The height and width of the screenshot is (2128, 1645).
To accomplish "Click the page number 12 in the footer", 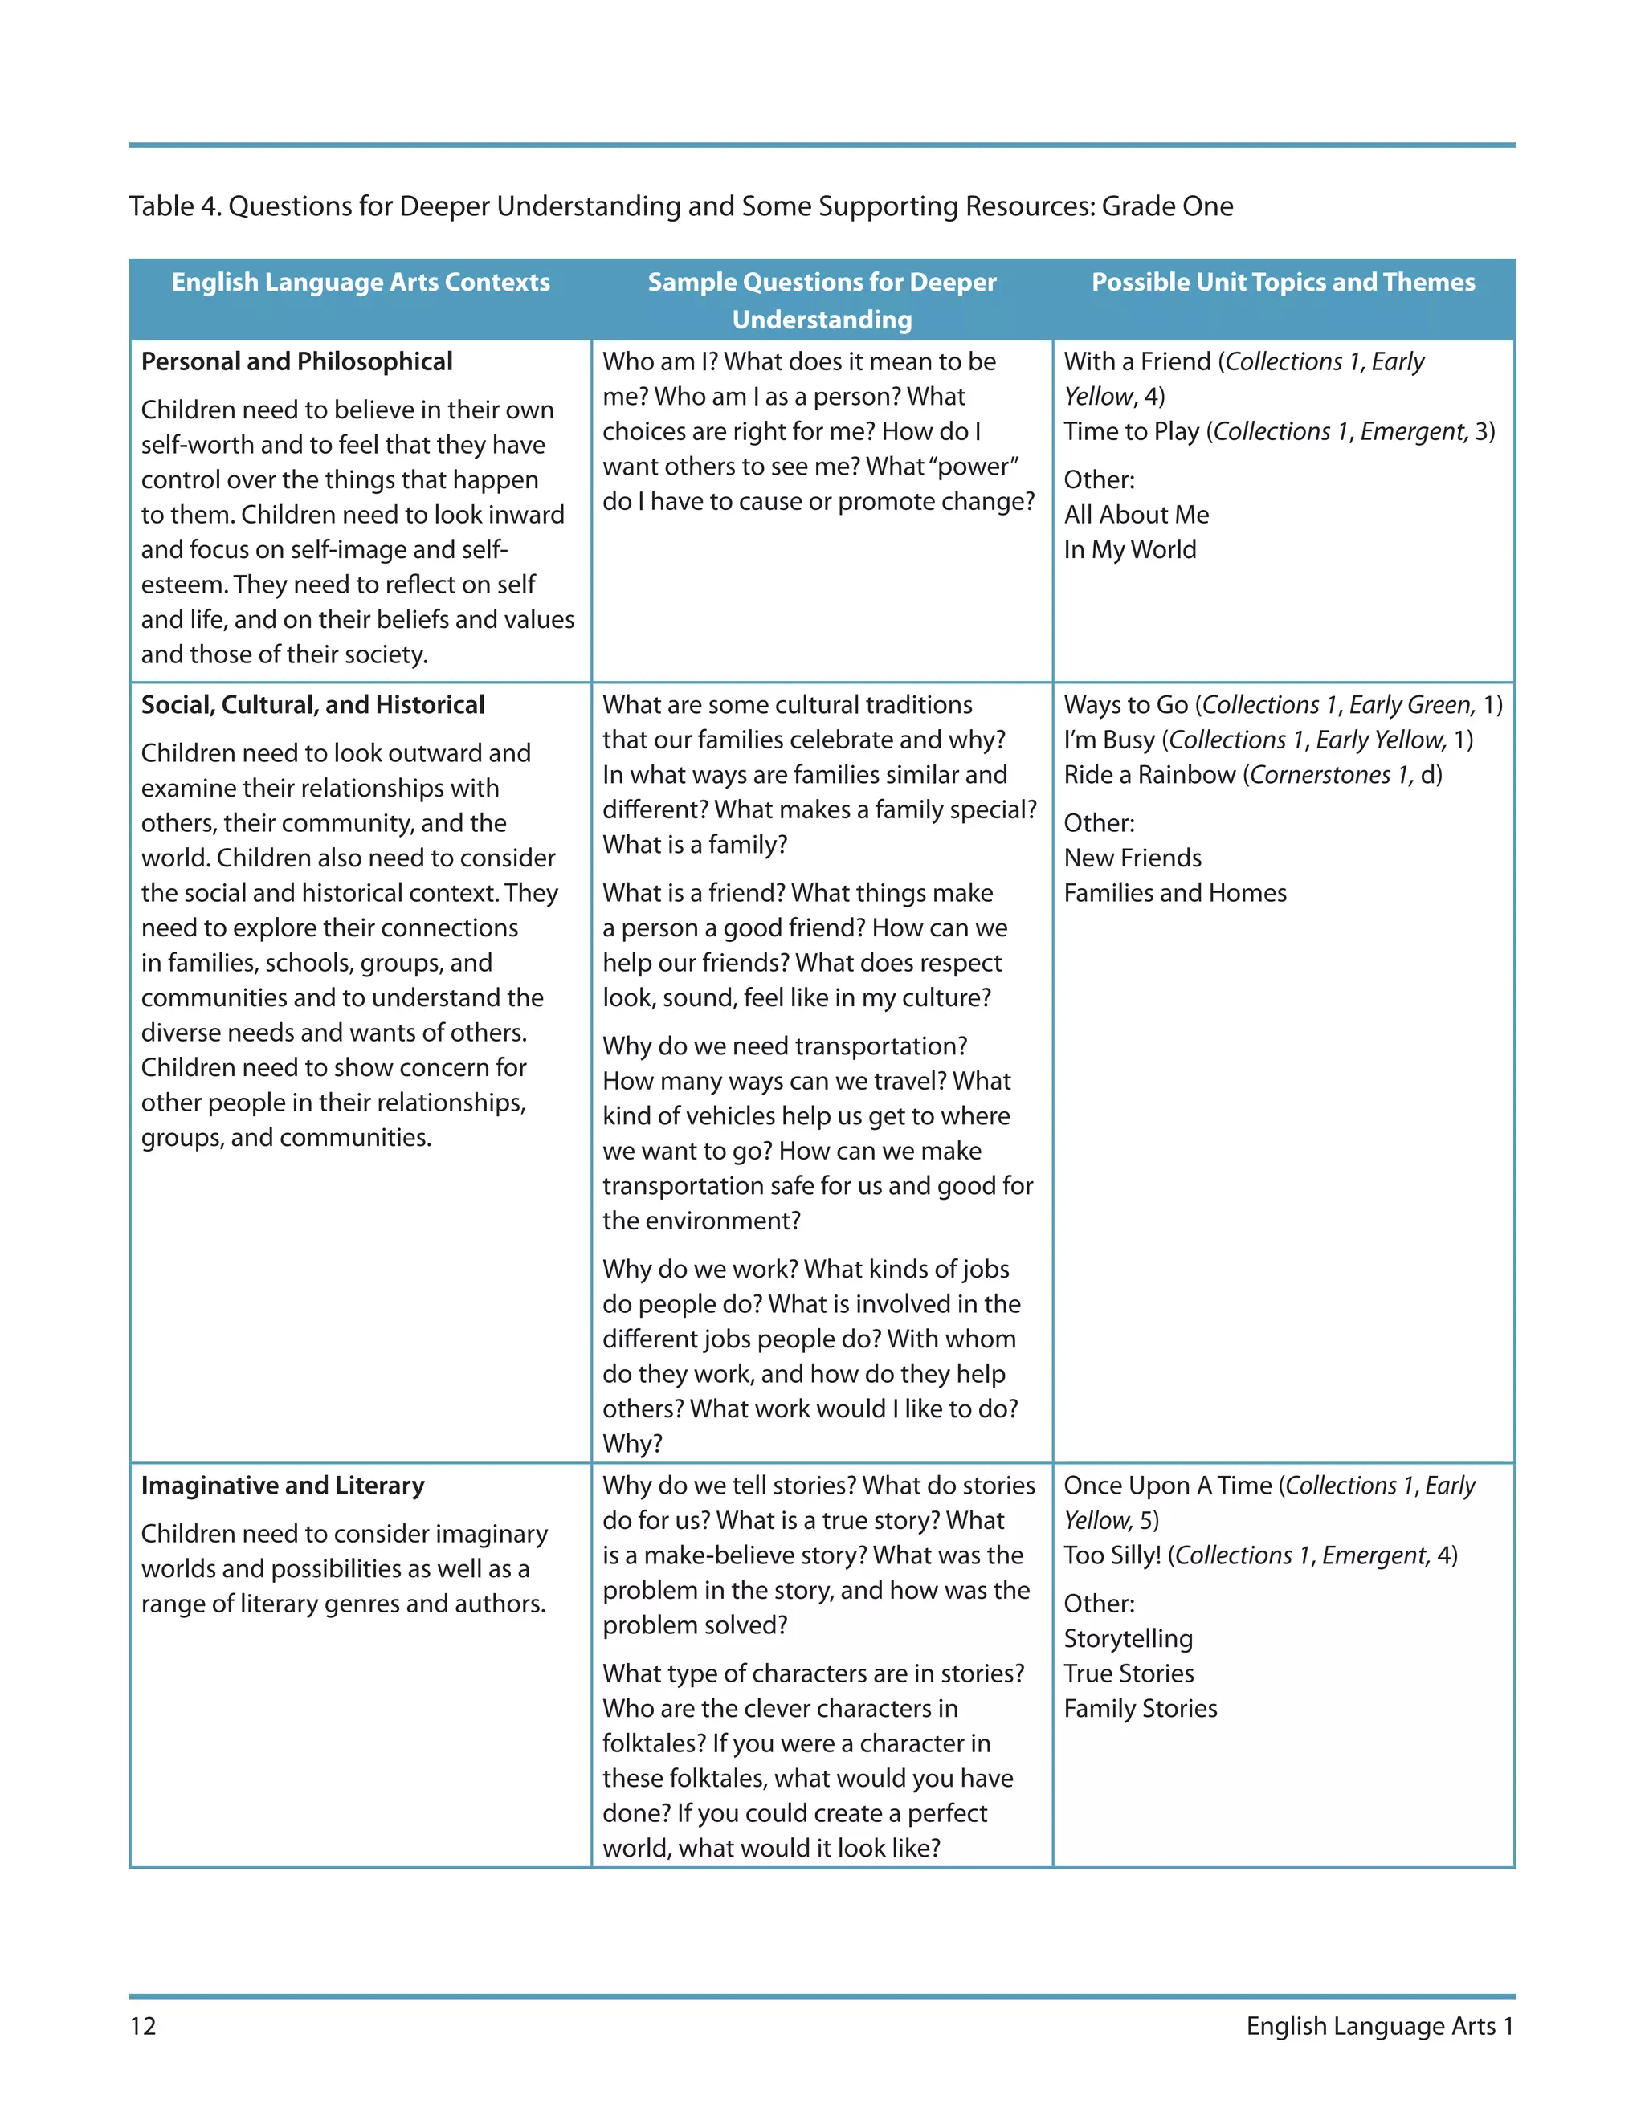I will tap(142, 2026).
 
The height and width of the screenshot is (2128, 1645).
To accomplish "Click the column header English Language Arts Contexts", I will tap(361, 283).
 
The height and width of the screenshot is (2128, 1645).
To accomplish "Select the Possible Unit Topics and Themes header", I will tap(1283, 283).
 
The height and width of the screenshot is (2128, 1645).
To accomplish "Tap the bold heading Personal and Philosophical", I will tap(296, 361).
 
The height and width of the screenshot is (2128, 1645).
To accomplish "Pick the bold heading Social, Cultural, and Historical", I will tap(312, 704).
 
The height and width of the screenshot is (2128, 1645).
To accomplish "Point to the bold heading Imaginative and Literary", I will tap(283, 1485).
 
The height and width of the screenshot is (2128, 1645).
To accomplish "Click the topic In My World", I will tap(1129, 549).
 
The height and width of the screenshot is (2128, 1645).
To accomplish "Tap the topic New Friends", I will tap(1133, 858).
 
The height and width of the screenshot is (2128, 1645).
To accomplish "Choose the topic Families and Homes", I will tap(1174, 892).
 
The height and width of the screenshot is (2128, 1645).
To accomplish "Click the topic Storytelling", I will tap(1128, 1638).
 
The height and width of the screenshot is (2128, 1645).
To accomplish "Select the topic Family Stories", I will tap(1141, 1708).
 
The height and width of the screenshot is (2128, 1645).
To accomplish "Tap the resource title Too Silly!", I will tap(1112, 1555).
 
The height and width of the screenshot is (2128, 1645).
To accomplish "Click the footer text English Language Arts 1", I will tap(1379, 2026).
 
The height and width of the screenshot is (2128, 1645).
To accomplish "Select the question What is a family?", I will tap(694, 845).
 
